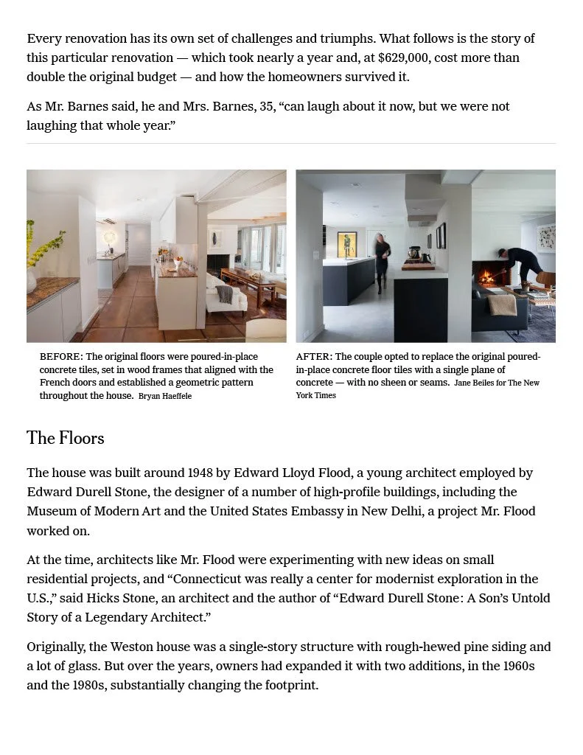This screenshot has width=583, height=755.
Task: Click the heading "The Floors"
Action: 66,438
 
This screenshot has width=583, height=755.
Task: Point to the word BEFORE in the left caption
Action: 61,357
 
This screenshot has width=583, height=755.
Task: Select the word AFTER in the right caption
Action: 314,357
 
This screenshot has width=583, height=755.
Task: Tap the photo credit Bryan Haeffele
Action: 165,397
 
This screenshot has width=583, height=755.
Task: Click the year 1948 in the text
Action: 200,473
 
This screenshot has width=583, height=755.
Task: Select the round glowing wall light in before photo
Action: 111,237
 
